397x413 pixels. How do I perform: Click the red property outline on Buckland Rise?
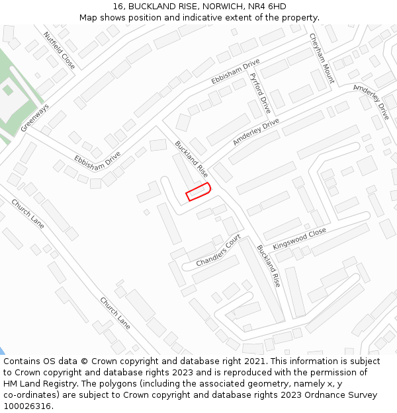click(198, 192)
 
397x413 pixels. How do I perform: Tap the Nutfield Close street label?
click(60, 50)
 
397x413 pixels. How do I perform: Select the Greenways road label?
click(34, 118)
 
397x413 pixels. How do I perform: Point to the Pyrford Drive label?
click(260, 92)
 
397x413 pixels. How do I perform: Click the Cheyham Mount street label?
click(322, 59)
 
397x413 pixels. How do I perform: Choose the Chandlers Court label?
click(218, 250)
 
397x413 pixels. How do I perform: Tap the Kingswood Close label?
click(299, 241)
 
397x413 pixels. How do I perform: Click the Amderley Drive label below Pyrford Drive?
click(256, 132)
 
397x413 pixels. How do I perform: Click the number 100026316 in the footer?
click(26, 406)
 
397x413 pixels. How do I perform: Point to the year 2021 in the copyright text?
click(255, 361)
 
